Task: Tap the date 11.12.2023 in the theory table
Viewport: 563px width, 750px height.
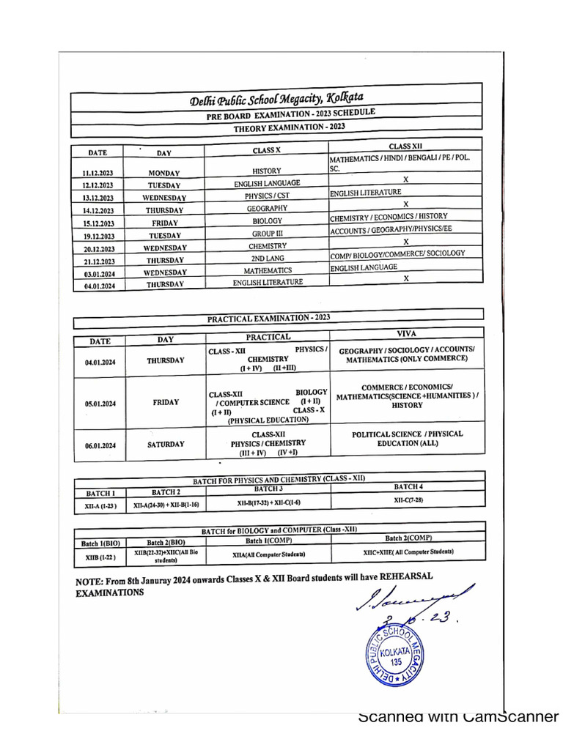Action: tap(97, 173)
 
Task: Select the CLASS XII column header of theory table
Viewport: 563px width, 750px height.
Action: tap(405, 146)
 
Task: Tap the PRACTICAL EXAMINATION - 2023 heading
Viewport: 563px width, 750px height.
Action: tap(268, 317)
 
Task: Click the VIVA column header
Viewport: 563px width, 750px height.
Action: tap(405, 333)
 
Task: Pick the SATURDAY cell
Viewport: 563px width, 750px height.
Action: tap(166, 444)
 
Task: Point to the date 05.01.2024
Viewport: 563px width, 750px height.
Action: tap(100, 404)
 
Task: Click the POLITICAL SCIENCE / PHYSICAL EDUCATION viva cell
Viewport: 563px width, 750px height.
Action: tap(408, 439)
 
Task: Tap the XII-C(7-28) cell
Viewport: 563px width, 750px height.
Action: tap(408, 500)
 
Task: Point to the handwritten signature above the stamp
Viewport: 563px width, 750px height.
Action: tap(414, 597)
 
